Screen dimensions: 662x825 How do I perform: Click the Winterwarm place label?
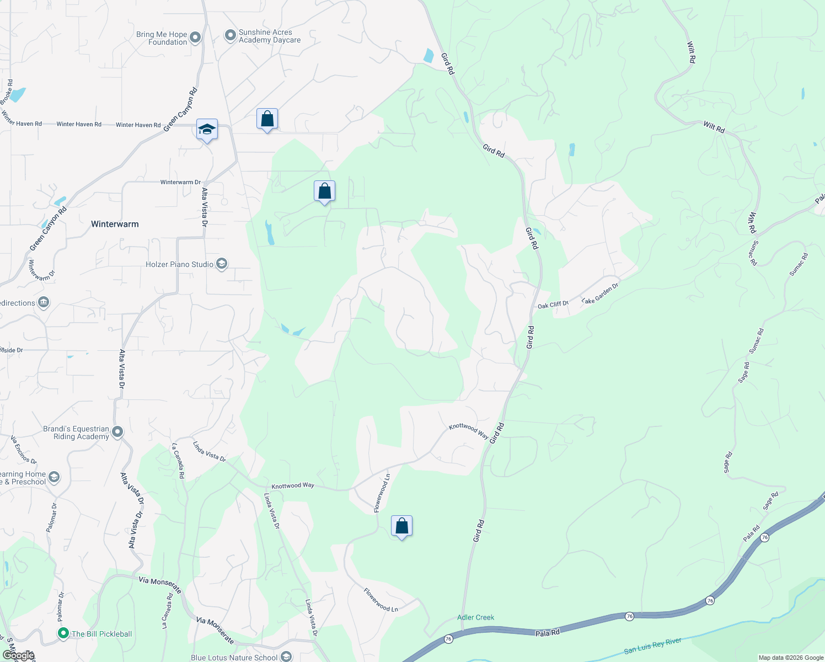[115, 224]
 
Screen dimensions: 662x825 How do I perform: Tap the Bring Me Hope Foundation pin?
[195, 38]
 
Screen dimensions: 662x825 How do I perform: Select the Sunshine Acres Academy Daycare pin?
[230, 36]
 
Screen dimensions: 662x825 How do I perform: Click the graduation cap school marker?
[207, 130]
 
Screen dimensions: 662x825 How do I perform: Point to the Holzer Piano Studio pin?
[222, 264]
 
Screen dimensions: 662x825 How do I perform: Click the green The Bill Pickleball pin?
[63, 633]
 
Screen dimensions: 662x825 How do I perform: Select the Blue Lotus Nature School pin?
[286, 656]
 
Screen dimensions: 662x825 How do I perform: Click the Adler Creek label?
[476, 617]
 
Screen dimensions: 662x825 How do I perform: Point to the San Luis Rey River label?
[652, 646]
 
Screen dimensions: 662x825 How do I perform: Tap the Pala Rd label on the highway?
[548, 633]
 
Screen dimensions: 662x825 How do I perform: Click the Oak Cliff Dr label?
[553, 305]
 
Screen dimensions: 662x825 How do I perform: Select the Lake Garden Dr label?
[600, 293]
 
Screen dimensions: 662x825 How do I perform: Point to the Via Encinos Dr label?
[24, 450]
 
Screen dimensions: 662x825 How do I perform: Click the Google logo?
[19, 655]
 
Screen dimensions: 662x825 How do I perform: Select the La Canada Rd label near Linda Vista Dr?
[178, 460]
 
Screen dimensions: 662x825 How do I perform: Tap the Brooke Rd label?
[7, 91]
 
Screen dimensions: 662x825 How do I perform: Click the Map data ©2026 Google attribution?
[791, 658]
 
